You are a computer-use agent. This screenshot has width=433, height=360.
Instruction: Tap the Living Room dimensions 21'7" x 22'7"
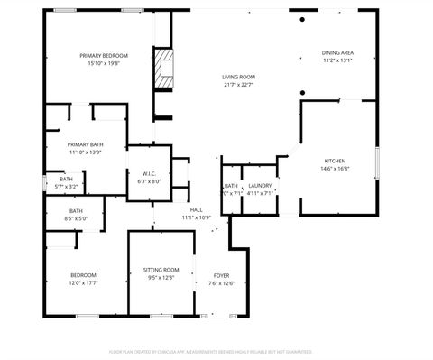tap(238, 86)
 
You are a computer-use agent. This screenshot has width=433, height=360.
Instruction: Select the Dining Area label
tap(337, 53)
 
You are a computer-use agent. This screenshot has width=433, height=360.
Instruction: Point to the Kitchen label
tap(334, 160)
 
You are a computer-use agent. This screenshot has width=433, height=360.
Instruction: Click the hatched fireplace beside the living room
tap(164, 69)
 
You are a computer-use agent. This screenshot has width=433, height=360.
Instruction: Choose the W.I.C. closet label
tap(149, 173)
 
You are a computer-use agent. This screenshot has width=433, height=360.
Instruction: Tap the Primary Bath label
tap(85, 144)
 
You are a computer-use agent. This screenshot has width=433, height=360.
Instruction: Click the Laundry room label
tap(260, 185)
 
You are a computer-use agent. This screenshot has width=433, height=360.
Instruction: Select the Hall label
tap(196, 209)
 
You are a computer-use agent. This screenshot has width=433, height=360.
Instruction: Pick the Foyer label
tap(221, 275)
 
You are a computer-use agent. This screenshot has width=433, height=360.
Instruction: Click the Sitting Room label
tap(161, 270)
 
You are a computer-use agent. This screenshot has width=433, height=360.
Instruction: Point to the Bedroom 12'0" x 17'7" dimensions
tap(84, 283)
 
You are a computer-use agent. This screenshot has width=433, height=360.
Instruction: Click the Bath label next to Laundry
tap(230, 185)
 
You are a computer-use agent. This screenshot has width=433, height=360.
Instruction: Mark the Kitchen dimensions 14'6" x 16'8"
tap(334, 168)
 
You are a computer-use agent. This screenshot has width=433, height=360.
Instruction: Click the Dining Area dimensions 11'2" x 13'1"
tap(337, 61)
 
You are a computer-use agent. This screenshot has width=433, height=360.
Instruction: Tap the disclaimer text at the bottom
tap(216, 350)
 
